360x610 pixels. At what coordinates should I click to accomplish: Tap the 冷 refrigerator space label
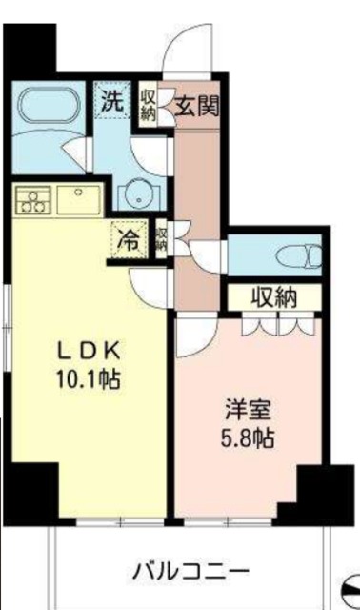(x=127, y=239)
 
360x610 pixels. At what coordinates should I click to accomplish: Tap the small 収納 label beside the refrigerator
(x=161, y=238)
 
